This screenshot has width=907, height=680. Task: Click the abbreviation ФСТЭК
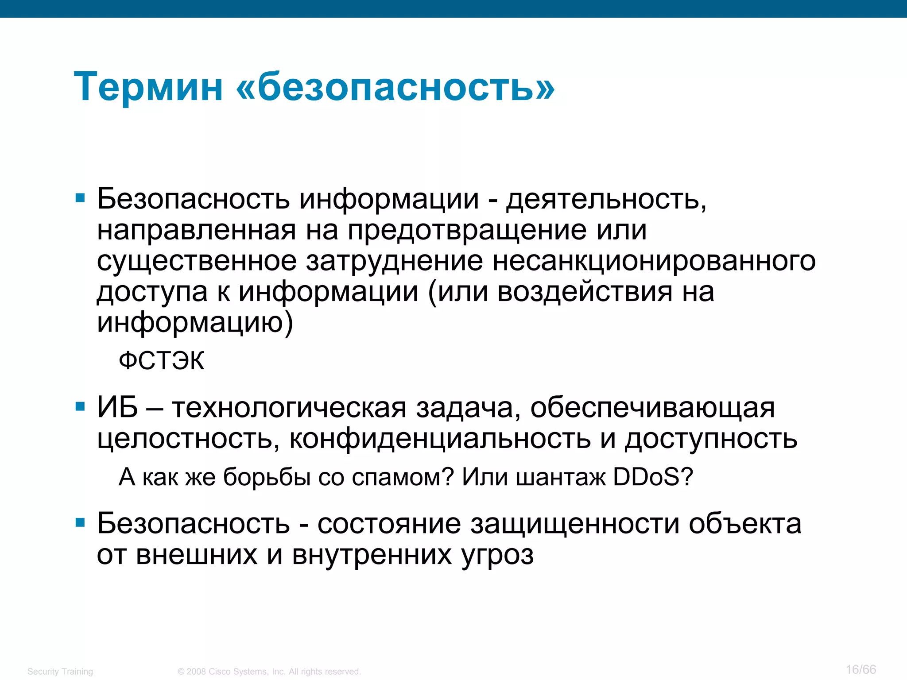pos(162,360)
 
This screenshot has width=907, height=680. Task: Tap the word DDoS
pos(652,477)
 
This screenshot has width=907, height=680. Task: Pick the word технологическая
pos(289,408)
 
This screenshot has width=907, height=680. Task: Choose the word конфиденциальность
pos(440,438)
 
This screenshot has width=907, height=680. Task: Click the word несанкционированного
pos(654,261)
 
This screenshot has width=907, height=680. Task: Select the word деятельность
pos(606,199)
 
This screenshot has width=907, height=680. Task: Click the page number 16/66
pos(860,669)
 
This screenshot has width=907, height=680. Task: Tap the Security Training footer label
pos(60,672)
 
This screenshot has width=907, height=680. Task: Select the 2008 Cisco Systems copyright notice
pos(269,672)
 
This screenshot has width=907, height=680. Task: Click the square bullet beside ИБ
pos(80,406)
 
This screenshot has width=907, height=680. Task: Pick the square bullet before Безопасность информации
pos(80,198)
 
